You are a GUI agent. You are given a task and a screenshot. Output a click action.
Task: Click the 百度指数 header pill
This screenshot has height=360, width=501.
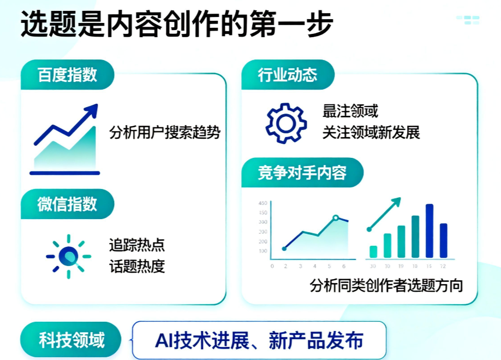pos(67,75)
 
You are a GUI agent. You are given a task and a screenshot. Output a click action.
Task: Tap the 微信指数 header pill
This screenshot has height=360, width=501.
pos(67,204)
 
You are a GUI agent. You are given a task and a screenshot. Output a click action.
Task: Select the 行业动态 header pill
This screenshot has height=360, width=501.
pos(287,75)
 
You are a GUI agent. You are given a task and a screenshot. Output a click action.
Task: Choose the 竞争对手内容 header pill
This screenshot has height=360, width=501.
pos(302,173)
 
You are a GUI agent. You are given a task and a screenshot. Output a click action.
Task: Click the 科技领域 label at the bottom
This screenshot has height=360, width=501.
pos(71,340)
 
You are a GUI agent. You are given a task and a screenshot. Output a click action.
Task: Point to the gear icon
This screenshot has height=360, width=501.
pos(286,123)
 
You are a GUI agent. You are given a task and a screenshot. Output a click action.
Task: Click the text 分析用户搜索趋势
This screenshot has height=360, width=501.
pos(165,133)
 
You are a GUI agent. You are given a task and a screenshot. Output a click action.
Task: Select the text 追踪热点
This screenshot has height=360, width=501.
pos(137,245)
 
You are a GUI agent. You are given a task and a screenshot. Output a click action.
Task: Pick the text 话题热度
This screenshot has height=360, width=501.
pos(137,267)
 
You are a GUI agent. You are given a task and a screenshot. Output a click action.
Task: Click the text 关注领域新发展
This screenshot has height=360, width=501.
pos(371,133)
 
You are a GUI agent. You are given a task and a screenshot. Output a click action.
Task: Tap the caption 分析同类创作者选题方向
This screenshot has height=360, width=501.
pos(386,285)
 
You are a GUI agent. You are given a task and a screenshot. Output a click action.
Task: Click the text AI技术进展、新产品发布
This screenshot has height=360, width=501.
pos(259,340)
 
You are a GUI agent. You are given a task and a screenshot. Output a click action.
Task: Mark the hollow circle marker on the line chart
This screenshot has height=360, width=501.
pos(336,218)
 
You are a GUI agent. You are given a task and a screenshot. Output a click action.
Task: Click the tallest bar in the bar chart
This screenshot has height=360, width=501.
pos(429,231)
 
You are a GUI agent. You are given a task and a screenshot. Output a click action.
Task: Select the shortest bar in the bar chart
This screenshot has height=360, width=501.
pos(373,251)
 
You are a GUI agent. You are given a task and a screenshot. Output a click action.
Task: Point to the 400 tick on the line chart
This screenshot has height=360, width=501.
pos(263,203)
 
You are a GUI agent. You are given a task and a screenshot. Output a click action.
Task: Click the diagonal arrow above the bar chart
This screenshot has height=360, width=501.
pos(384,214)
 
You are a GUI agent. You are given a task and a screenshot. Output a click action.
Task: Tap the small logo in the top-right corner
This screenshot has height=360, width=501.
pos(468,20)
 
